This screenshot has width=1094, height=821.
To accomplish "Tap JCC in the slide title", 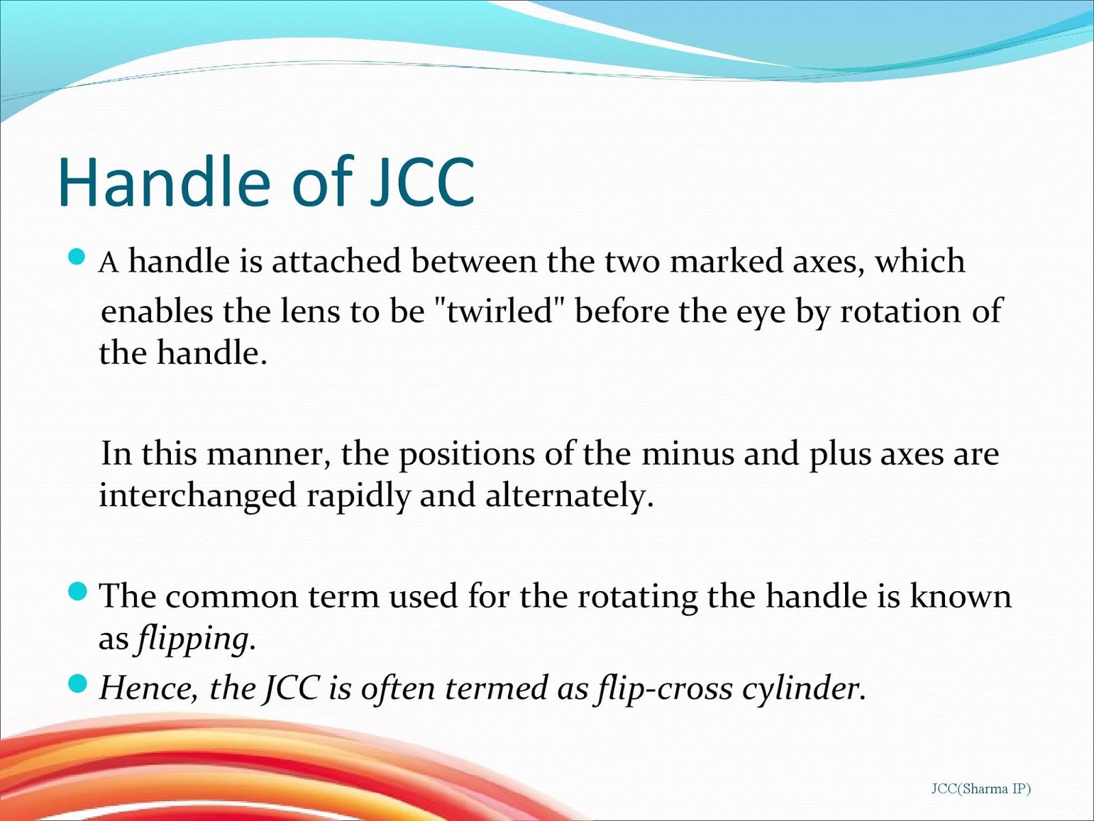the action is [x=423, y=182].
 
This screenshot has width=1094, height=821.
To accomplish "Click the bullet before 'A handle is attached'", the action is [x=77, y=257].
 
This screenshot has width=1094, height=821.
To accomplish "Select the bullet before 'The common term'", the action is [x=77, y=592].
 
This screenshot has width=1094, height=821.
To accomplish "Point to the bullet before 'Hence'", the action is [x=77, y=683].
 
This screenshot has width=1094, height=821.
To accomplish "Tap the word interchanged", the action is [x=198, y=497].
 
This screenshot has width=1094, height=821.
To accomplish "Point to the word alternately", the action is [x=569, y=497].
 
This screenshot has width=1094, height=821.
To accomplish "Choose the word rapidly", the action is [x=358, y=497].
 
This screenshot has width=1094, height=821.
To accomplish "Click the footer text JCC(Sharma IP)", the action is [x=981, y=788].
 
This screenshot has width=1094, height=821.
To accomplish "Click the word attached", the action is [x=336, y=261].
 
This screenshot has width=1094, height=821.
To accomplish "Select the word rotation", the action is [x=900, y=311].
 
